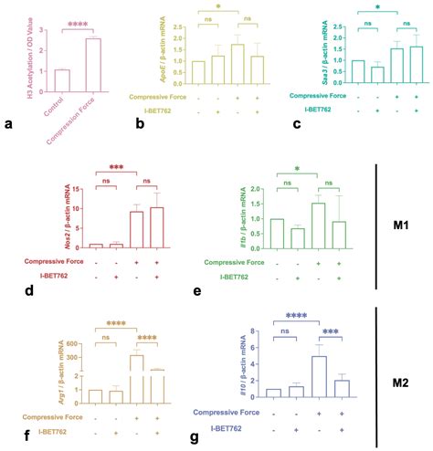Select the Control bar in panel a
click(x=62, y=80)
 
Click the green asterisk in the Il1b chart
click(x=300, y=170)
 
